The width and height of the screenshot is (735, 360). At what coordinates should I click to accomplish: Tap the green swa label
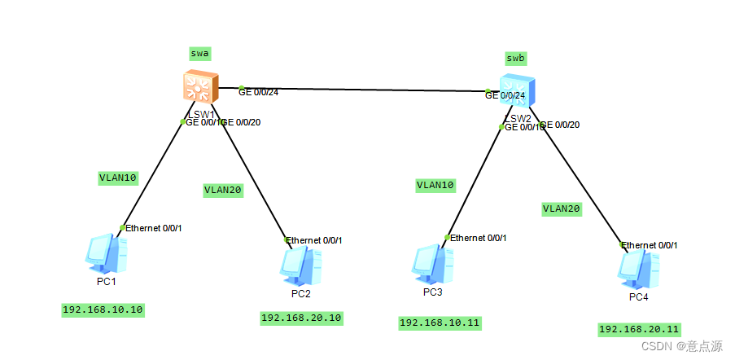(199, 54)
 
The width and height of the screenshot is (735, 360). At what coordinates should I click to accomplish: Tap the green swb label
(515, 58)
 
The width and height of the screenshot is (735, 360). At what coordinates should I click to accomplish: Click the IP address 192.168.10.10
(103, 310)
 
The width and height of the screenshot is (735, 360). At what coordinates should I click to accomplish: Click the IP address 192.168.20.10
(301, 318)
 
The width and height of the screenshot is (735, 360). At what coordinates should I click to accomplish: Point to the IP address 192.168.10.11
(440, 323)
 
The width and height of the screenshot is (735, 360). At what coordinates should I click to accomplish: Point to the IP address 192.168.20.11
(639, 329)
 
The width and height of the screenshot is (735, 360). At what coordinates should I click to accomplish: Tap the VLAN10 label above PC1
(117, 177)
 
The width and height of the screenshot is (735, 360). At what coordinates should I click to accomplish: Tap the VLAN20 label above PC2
(222, 190)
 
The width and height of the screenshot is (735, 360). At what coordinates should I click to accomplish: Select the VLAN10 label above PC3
(435, 185)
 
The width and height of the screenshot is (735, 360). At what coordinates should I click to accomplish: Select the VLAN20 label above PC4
(562, 209)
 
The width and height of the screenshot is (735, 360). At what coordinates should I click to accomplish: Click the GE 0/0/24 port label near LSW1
(258, 92)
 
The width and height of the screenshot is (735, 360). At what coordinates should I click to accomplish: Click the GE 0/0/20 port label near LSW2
(561, 125)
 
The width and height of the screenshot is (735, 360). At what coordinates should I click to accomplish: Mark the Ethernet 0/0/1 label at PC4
(650, 245)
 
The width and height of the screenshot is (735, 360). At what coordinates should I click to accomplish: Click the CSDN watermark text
(681, 346)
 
